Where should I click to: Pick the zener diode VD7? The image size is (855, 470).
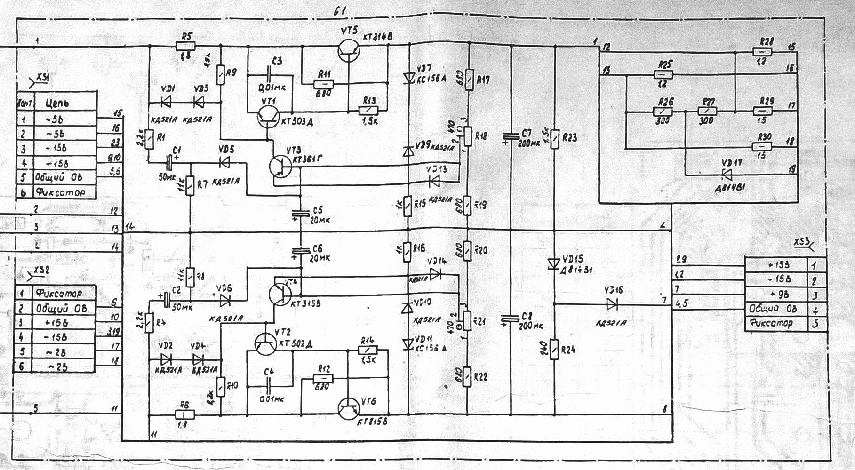click(x=408, y=78)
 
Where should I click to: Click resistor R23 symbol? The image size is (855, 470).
click(x=555, y=138)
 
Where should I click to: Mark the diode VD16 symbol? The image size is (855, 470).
click(x=612, y=304)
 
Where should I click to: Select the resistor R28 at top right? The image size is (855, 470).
click(x=762, y=51)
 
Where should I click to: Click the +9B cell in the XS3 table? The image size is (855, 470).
click(x=775, y=295)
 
